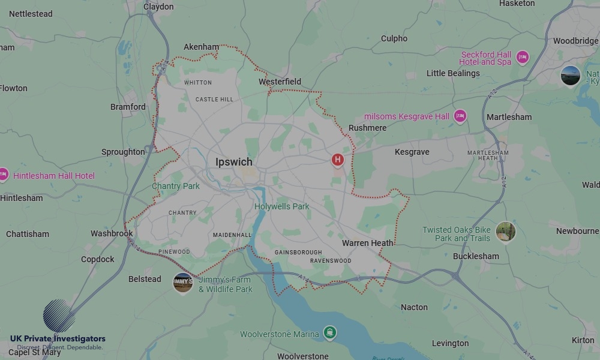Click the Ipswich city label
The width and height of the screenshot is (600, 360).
234,162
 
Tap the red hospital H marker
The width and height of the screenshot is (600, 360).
338,160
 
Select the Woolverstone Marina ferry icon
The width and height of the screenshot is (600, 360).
329,333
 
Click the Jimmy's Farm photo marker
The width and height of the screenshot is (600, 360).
183,283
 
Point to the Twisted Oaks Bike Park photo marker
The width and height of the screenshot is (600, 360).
506,232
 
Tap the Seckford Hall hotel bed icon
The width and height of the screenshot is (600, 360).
523,58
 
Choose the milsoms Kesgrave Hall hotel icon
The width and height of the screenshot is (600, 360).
460,116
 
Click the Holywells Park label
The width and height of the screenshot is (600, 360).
282,206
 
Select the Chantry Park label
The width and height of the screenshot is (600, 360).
176,186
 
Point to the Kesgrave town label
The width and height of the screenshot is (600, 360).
412,152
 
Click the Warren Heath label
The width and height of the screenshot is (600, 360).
368,243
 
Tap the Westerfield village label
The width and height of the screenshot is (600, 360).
280,82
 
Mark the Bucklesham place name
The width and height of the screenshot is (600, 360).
476,256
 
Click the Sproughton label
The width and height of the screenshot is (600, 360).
123,152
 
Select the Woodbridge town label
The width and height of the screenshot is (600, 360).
575,41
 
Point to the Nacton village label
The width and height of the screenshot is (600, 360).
414,307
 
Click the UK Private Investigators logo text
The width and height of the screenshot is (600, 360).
58,339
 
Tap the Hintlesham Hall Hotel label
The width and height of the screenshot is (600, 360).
54,176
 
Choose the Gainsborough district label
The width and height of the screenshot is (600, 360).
298,253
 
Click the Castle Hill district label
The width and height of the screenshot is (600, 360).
214,99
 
